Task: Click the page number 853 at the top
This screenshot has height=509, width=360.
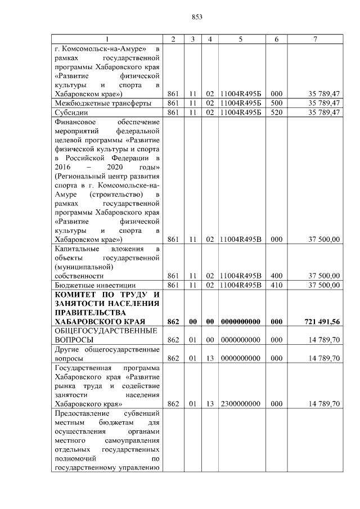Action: click(x=196, y=17)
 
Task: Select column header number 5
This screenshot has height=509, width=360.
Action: click(x=240, y=39)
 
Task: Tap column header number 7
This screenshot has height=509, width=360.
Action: click(x=316, y=39)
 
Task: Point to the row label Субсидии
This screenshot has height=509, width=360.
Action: click(x=71, y=112)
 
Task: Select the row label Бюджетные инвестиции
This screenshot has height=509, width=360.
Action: click(x=89, y=285)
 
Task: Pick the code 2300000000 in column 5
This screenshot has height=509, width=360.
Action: click(x=240, y=404)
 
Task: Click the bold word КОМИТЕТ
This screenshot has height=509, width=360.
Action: click(x=79, y=295)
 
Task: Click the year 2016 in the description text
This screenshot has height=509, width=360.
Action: click(x=64, y=168)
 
